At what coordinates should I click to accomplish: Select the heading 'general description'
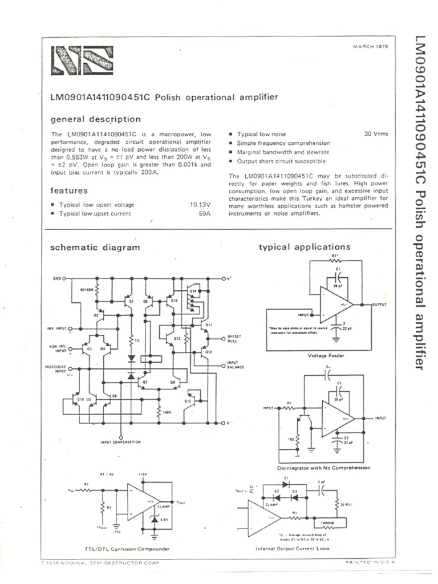click(x=95, y=119)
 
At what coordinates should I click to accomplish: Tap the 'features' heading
click(x=68, y=190)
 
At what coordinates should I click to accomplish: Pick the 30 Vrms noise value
click(x=376, y=133)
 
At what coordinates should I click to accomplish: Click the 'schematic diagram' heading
click(x=95, y=248)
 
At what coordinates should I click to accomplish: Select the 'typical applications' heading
click(x=305, y=247)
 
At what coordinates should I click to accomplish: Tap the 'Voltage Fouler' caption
click(x=326, y=355)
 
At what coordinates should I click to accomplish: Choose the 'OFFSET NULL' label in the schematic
click(x=234, y=338)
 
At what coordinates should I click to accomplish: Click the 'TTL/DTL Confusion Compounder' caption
click(x=119, y=549)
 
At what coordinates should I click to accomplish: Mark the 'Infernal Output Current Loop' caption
click(x=293, y=549)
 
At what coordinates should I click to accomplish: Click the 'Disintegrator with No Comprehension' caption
click(x=323, y=468)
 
